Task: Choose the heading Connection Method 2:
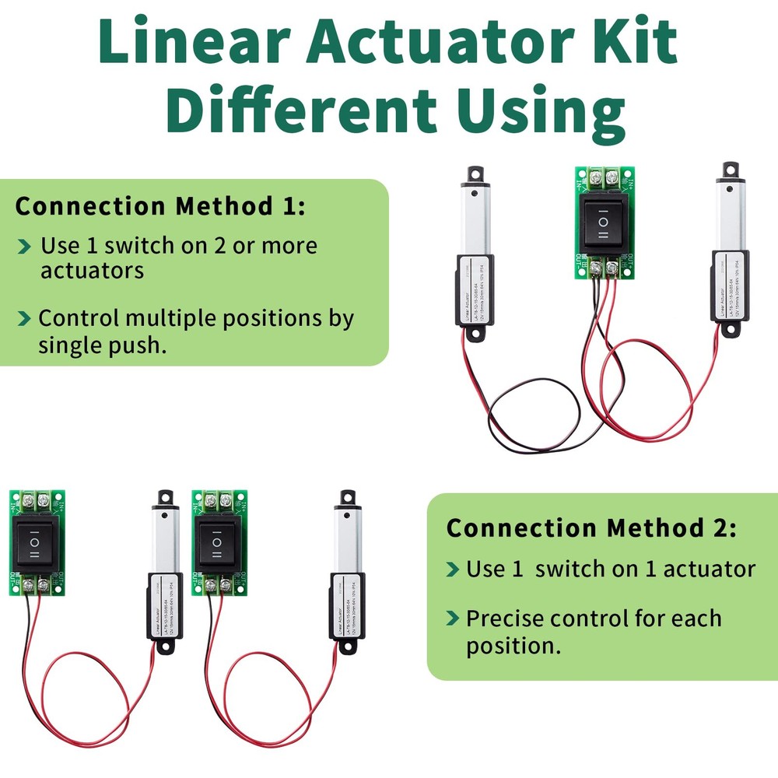point(591,528)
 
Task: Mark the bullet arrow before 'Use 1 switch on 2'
point(26,247)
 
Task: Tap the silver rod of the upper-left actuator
point(475,222)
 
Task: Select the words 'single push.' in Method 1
point(103,345)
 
